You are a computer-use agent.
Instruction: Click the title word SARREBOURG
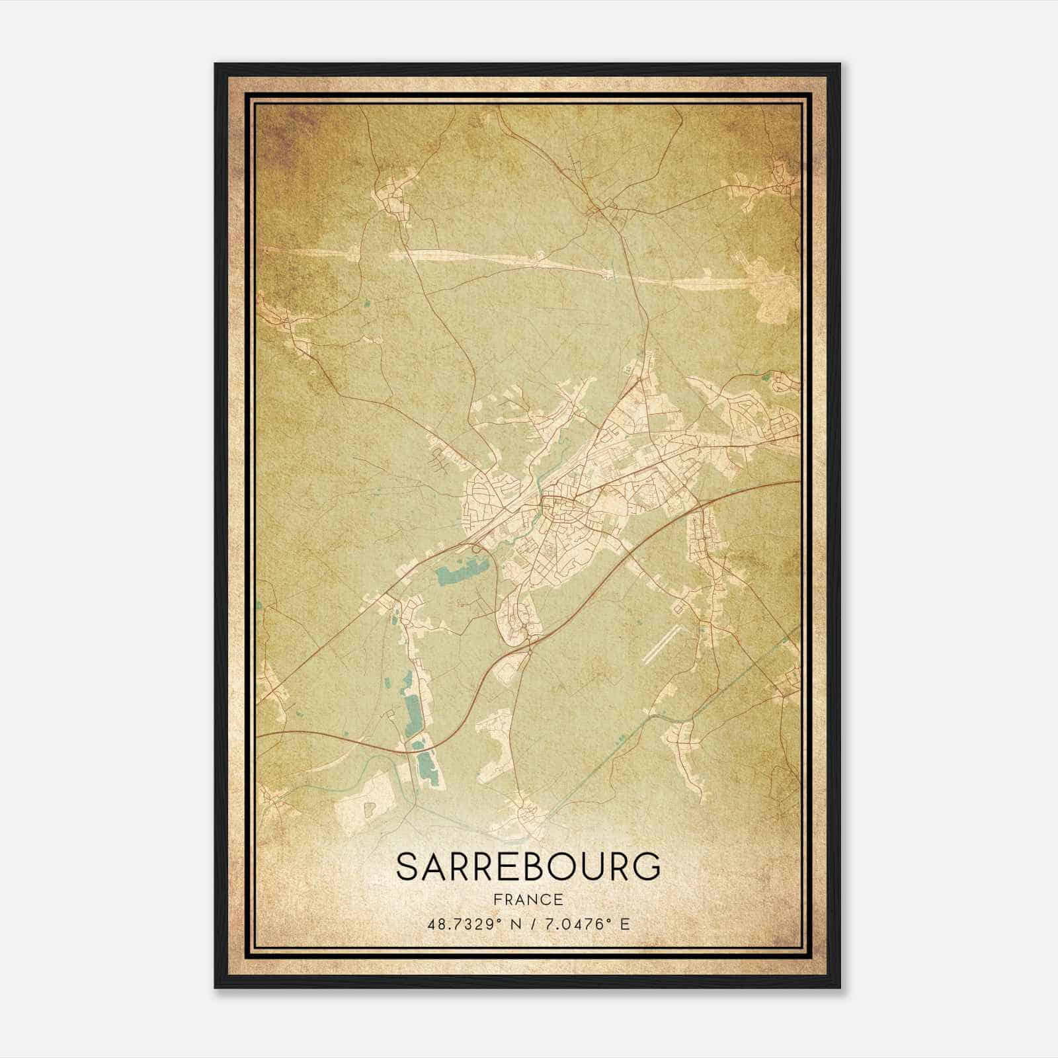pyautogui.click(x=528, y=867)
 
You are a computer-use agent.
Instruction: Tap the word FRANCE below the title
pyautogui.click(x=528, y=899)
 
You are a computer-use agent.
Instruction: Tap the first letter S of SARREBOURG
pyautogui.click(x=407, y=867)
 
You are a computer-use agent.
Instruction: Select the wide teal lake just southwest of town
pyautogui.click(x=463, y=569)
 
